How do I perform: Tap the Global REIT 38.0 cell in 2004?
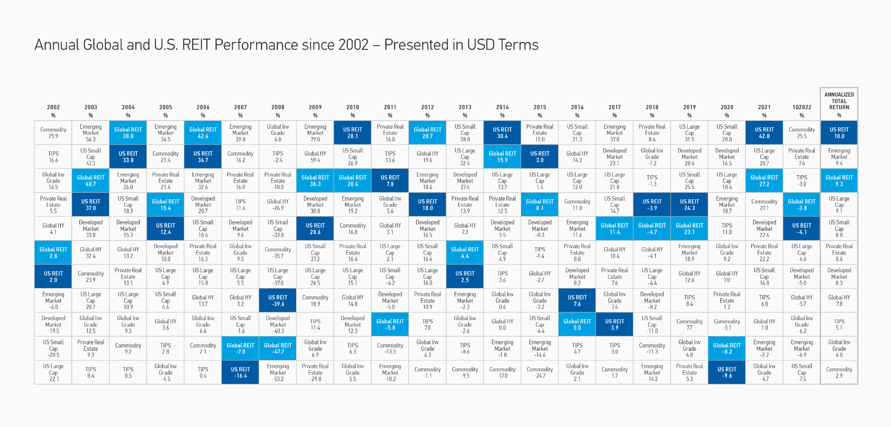[x=128, y=133]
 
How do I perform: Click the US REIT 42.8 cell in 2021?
[x=764, y=133]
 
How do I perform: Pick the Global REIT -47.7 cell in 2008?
[x=278, y=348]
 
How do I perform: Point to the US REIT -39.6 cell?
[x=278, y=301]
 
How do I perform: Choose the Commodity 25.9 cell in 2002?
[x=53, y=133]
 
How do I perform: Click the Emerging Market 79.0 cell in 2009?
[x=315, y=133]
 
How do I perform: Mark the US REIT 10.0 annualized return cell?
[x=839, y=133]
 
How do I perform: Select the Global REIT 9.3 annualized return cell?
[x=839, y=181]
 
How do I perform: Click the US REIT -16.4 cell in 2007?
[x=240, y=373]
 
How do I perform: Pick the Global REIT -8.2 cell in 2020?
[x=727, y=348]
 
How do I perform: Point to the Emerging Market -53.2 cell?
[x=278, y=373]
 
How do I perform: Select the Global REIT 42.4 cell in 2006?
[x=203, y=133]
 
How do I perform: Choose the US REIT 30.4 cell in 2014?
[x=502, y=133]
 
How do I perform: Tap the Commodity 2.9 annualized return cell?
[x=839, y=373]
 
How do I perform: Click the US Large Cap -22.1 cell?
[x=53, y=373]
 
